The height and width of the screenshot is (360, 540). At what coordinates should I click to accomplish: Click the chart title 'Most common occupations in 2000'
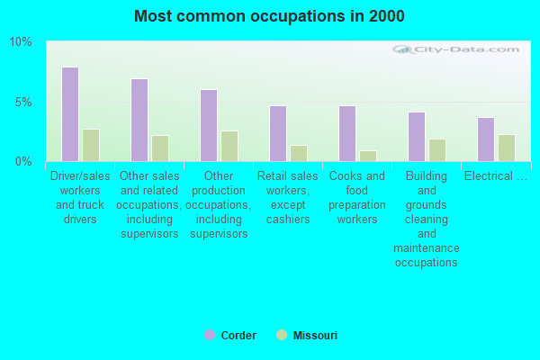[x=269, y=16]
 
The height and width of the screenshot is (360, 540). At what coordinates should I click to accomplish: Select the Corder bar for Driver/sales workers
[x=70, y=114]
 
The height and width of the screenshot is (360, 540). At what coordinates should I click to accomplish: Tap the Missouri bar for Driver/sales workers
[x=91, y=145]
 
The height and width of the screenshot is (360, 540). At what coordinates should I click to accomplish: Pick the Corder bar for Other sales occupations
[x=139, y=120]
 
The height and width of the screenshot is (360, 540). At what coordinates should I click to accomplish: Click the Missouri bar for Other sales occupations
[x=160, y=148]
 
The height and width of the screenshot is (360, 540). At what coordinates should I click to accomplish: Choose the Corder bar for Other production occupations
[x=209, y=125]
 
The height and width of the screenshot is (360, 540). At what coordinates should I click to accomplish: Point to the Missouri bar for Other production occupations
[x=229, y=146]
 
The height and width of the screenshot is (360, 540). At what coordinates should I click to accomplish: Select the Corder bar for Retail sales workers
[x=278, y=133]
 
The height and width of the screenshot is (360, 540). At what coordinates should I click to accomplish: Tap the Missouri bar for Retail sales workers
[x=299, y=153]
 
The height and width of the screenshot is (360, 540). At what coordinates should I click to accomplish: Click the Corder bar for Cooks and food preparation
[x=347, y=133]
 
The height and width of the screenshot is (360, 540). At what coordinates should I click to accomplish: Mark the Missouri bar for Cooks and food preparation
[x=368, y=156]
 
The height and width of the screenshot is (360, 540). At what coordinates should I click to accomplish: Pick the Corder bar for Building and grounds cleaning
[x=417, y=137]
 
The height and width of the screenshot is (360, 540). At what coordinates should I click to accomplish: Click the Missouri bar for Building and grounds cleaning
[x=437, y=150]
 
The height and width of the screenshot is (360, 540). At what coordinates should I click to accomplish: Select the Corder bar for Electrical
[x=486, y=139]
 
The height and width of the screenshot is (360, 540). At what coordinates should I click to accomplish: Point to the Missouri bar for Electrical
[x=507, y=148]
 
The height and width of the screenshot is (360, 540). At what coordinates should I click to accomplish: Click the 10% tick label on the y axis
[x=21, y=42]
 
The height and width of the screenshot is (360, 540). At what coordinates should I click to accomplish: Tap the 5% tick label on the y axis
[x=23, y=102]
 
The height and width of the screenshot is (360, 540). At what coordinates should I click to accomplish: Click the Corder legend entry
[x=230, y=336]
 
